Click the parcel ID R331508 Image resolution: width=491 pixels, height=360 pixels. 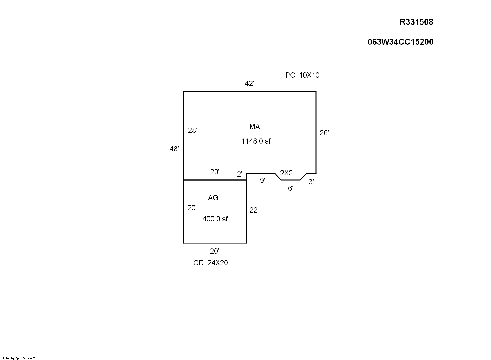[416, 22]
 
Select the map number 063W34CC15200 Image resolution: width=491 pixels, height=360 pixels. [400, 42]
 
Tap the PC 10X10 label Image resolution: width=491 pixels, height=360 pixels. [302, 75]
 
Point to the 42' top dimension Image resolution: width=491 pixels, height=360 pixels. [249, 83]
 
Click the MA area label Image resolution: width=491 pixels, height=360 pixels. [255, 127]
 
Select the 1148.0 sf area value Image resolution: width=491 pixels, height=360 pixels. [256, 141]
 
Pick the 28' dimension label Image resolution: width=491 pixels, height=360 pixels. [193, 130]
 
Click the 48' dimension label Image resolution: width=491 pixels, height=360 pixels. [174, 149]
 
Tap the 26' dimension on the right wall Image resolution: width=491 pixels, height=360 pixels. [324, 133]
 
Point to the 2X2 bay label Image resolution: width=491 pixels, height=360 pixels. [286, 173]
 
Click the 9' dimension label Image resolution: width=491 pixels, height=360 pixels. [262, 180]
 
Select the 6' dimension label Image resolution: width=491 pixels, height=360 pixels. [291, 188]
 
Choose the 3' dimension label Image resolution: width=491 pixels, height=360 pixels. [311, 182]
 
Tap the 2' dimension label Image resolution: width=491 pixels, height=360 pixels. [239, 174]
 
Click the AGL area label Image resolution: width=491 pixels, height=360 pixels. [215, 198]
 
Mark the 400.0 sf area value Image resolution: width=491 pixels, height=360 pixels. [215, 219]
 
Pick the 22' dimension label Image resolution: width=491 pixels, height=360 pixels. [254, 210]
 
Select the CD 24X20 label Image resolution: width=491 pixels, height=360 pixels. [211, 262]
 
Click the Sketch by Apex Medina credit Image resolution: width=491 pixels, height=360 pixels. [18, 358]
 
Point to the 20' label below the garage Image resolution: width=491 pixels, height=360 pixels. [215, 251]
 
